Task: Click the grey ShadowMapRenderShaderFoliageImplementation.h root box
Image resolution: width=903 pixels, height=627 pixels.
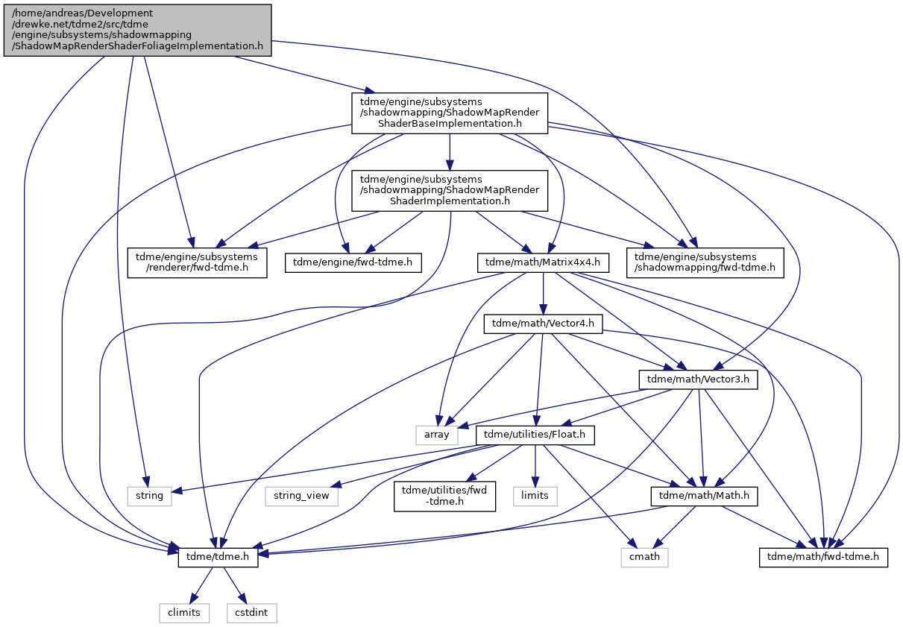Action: (137, 31)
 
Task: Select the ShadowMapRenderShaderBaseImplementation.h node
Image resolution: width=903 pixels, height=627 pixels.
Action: (450, 113)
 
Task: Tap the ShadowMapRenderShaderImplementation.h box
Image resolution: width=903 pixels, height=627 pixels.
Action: (450, 191)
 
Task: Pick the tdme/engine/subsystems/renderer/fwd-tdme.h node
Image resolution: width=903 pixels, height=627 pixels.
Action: (197, 262)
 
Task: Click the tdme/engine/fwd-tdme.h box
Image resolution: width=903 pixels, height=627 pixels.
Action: (353, 262)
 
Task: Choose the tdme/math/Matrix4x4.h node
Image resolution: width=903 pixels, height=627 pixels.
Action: (543, 262)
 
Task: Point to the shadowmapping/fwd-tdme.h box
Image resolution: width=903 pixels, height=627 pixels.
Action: (705, 262)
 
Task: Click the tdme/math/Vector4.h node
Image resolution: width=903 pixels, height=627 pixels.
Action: (543, 324)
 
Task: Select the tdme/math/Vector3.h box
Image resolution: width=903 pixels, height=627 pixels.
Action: (698, 379)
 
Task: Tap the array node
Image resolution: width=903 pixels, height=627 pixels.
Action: (436, 435)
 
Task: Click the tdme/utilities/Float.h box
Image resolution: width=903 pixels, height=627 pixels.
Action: (535, 435)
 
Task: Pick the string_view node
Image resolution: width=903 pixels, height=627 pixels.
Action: (301, 497)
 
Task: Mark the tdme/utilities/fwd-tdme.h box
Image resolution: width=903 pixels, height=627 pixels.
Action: (444, 497)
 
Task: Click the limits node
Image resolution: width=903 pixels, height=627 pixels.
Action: (535, 497)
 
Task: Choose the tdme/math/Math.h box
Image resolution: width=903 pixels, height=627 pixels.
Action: (704, 497)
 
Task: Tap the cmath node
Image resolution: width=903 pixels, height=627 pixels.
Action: (644, 558)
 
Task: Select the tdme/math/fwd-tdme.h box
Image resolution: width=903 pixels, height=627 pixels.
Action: (823, 558)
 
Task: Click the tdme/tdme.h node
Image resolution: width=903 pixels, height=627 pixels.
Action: (218, 558)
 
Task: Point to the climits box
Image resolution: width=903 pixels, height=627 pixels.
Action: (184, 614)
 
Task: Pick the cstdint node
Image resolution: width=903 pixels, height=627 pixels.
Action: (251, 614)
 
